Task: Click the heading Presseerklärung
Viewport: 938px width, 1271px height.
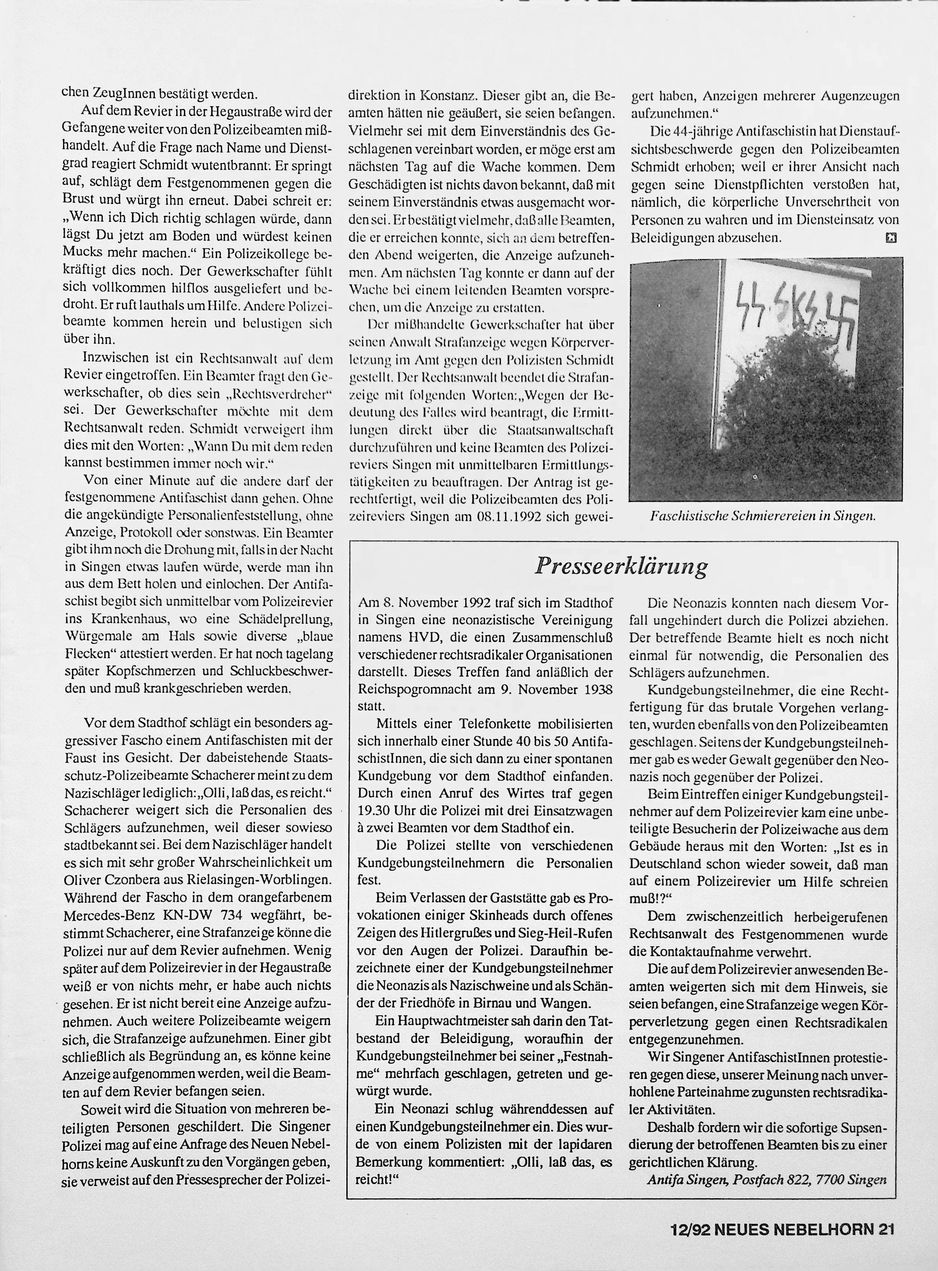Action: (621, 566)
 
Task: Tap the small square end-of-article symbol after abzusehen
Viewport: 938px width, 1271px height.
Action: (890, 238)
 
